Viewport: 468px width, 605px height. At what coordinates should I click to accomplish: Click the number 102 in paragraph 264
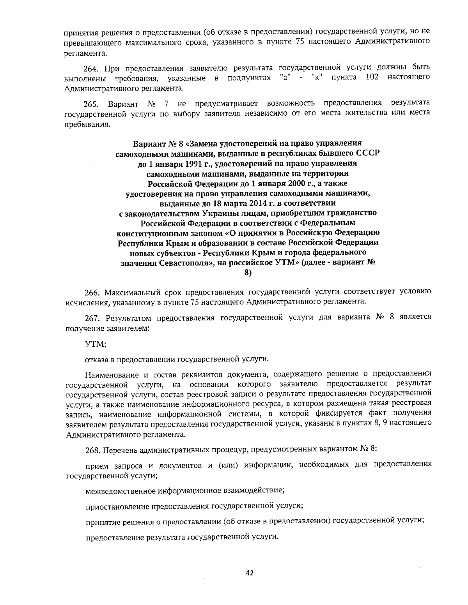pos(372,78)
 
